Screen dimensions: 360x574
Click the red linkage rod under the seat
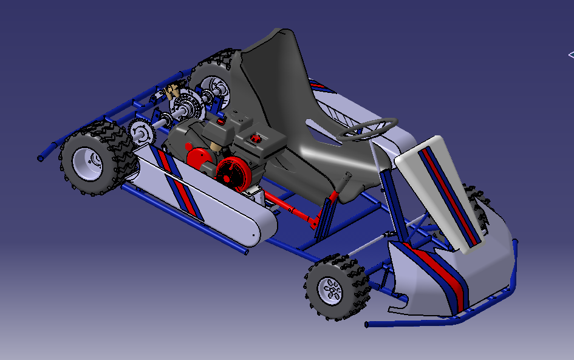tap(292, 210)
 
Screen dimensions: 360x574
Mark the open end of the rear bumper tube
tap(41, 158)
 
